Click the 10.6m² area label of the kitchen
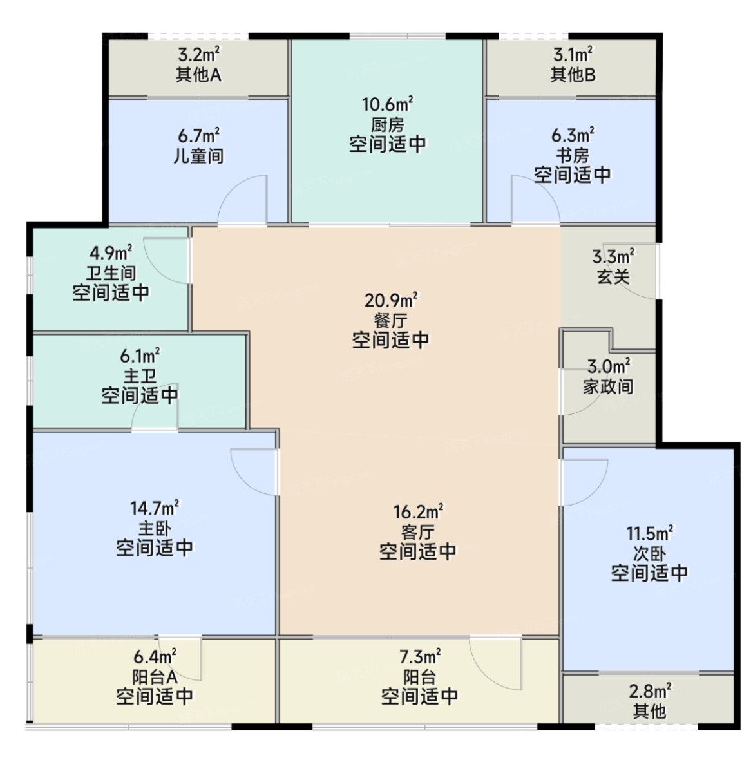pyautogui.click(x=388, y=104)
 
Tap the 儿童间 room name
pyautogui.click(x=199, y=156)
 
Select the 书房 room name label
pyautogui.click(x=573, y=155)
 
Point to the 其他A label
pyautogui.click(x=199, y=75)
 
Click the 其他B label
pyautogui.click(x=573, y=75)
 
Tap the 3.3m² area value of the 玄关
pyautogui.click(x=614, y=256)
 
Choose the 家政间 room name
pyautogui.click(x=608, y=386)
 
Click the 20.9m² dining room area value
pyautogui.click(x=391, y=300)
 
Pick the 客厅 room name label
pyautogui.click(x=418, y=532)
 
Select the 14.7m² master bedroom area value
pyautogui.click(x=155, y=508)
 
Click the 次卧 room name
pyautogui.click(x=649, y=553)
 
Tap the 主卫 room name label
pyautogui.click(x=140, y=375)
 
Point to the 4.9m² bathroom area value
pyautogui.click(x=111, y=252)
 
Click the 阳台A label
pyautogui.click(x=155, y=676)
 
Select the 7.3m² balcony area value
pyautogui.click(x=420, y=656)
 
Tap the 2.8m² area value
pyautogui.click(x=650, y=690)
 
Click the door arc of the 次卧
pyautogui.click(x=595, y=493)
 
